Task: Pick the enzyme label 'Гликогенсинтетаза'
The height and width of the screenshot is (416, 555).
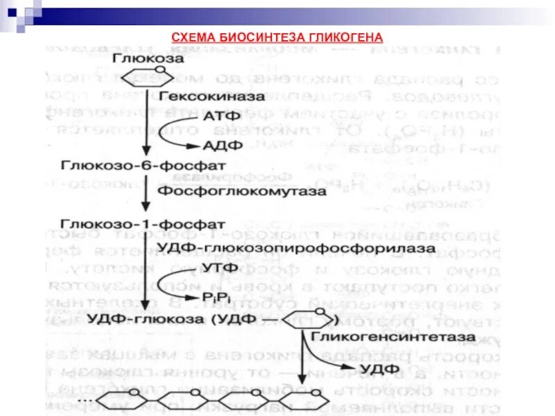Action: point(393,337)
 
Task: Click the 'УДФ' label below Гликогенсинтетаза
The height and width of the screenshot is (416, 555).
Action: point(377,365)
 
